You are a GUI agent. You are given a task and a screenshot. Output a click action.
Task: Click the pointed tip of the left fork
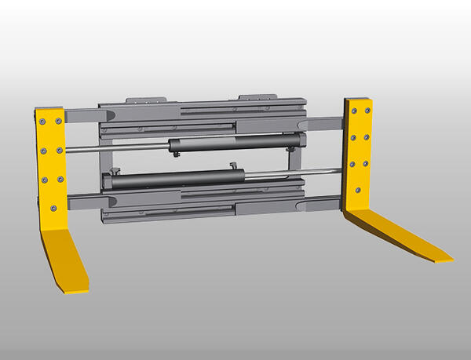point(71,291)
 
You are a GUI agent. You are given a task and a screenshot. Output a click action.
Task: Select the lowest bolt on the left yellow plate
point(53,208)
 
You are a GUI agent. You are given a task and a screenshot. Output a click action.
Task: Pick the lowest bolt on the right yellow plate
point(358,189)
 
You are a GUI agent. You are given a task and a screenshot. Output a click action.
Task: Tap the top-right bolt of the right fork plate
point(366,111)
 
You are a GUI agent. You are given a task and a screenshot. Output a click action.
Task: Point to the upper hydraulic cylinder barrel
point(228,143)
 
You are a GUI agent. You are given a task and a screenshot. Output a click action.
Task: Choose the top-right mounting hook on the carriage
point(256,98)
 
